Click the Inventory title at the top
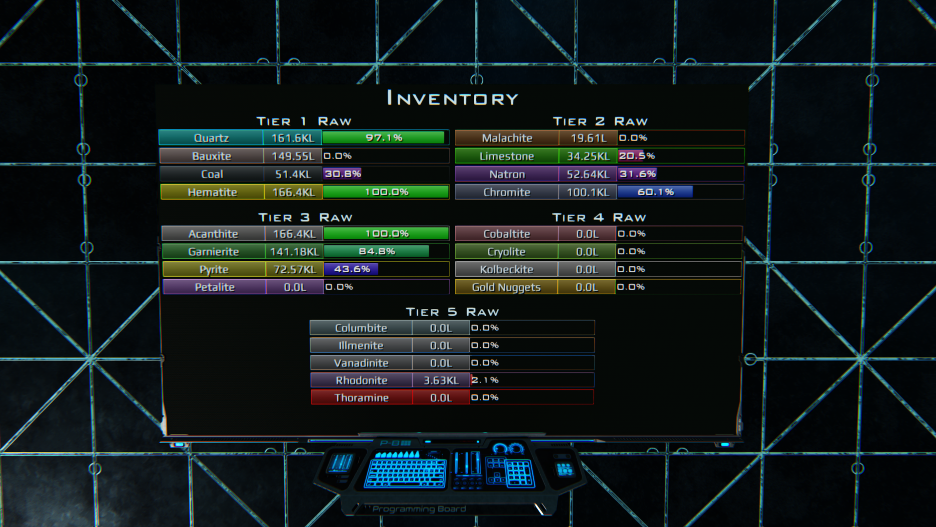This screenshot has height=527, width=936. (x=452, y=99)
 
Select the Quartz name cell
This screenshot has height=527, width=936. (x=211, y=138)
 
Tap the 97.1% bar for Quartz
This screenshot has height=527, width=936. (x=384, y=138)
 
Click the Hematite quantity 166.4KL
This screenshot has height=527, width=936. (x=293, y=192)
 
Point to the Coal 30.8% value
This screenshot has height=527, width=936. (x=343, y=174)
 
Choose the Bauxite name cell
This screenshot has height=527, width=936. (x=211, y=156)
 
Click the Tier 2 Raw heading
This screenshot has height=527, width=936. (x=600, y=121)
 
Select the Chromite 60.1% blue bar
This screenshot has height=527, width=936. (x=655, y=192)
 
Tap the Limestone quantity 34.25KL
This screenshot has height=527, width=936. (x=588, y=156)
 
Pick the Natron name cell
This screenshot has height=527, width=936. (x=507, y=174)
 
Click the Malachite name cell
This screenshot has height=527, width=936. (x=507, y=138)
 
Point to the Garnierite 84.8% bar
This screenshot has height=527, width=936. (x=376, y=251)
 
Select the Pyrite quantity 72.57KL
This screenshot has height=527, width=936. (x=295, y=269)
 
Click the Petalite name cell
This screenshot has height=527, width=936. (x=214, y=287)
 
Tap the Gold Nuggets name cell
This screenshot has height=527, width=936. (x=506, y=287)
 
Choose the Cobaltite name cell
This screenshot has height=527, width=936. (x=507, y=234)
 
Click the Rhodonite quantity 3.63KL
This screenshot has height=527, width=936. (x=441, y=380)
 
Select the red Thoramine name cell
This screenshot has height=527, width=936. (x=361, y=398)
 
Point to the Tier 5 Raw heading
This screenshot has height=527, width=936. (x=452, y=312)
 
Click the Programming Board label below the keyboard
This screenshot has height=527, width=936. (x=419, y=509)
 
